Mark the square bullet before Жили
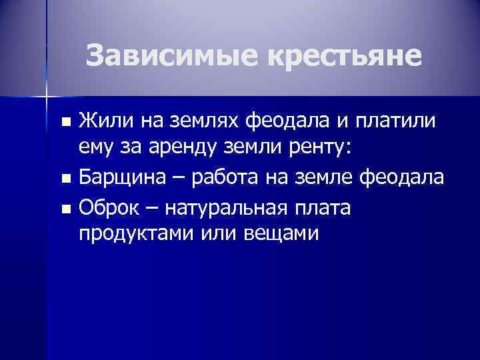pos(64,122)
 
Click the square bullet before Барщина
pos(64,179)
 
